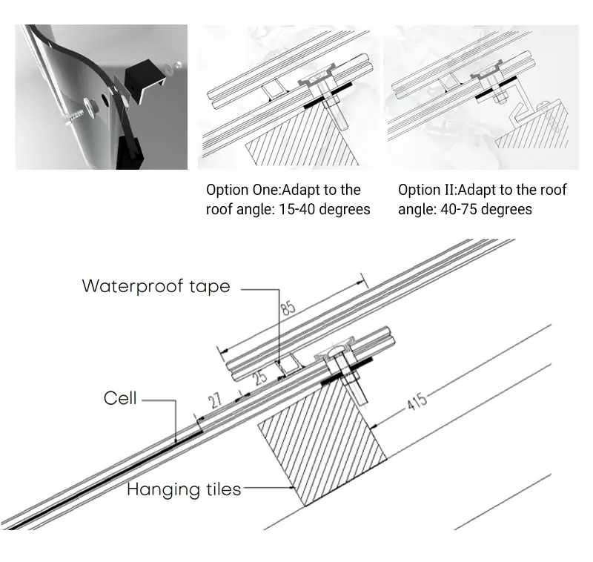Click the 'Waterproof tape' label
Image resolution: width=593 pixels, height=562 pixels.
[x=156, y=286]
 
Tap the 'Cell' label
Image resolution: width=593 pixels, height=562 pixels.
[x=120, y=398]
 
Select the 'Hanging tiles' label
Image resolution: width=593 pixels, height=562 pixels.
[x=184, y=489]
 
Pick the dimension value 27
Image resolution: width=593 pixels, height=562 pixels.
[x=215, y=403]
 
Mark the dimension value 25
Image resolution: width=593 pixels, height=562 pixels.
[x=259, y=377]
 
